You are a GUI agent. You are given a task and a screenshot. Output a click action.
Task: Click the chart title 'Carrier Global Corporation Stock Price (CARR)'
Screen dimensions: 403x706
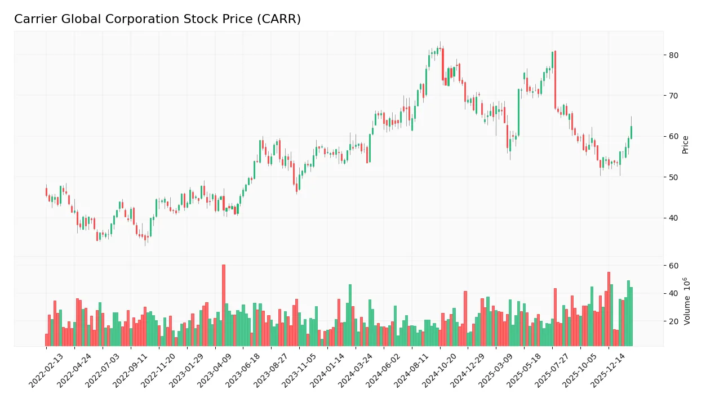click(x=157, y=19)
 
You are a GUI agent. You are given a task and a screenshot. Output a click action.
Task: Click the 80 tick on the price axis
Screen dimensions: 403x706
click(x=674, y=55)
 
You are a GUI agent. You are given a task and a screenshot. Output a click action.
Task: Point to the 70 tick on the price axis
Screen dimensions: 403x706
click(x=674, y=96)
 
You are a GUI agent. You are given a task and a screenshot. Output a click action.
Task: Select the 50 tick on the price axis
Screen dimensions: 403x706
click(x=674, y=177)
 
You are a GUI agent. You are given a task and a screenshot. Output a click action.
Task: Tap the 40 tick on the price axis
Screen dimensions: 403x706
click(x=674, y=218)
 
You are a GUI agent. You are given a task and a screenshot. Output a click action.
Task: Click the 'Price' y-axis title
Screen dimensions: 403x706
click(x=685, y=144)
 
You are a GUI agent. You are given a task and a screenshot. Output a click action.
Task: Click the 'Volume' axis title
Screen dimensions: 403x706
click(x=686, y=301)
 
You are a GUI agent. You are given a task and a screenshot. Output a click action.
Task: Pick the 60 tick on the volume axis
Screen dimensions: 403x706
click(x=674, y=266)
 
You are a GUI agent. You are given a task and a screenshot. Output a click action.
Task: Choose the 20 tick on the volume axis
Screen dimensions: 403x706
click(x=674, y=321)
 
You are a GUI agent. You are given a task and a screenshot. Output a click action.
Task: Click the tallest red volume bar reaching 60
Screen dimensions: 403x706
click(x=224, y=305)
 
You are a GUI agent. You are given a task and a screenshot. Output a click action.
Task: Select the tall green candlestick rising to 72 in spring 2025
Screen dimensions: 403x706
click(x=519, y=113)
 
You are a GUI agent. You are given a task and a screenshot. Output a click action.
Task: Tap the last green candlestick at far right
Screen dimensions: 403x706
click(x=631, y=132)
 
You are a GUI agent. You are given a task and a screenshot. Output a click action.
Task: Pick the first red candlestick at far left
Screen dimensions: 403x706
click(x=46, y=192)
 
